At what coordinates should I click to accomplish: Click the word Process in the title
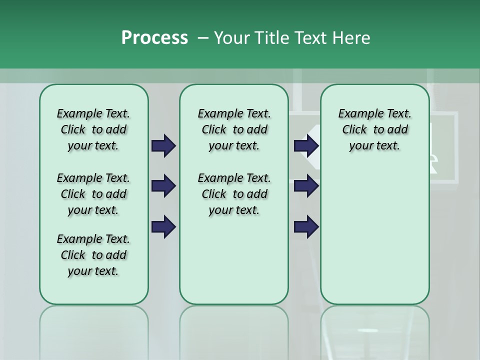coord(154,38)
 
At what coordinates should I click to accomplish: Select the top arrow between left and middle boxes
coord(163,145)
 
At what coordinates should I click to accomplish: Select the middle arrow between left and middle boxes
coord(163,186)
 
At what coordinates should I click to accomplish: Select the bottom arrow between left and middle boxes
coord(163,227)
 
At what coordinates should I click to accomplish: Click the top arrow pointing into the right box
coord(306,145)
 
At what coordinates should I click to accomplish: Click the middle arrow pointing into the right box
coord(306,186)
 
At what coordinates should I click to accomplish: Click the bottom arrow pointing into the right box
coord(306,227)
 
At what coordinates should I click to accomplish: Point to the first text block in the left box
coord(93,129)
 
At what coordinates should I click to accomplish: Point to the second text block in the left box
coord(93,194)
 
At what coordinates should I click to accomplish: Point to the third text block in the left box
coord(93,255)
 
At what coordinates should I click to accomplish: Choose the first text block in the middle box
coord(234,129)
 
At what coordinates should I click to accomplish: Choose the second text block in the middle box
coord(234,194)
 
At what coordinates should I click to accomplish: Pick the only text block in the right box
coord(374,129)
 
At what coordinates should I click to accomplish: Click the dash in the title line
coord(203,38)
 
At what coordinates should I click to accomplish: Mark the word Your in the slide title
coord(232,38)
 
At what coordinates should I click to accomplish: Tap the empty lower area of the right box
coord(374,235)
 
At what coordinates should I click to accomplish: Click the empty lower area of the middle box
coord(234,260)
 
